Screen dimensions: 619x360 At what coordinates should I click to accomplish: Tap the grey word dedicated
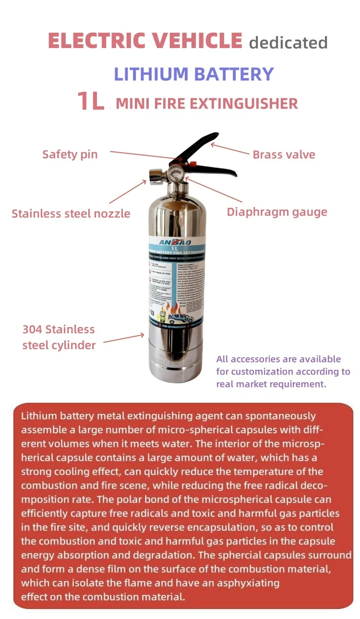(x=288, y=43)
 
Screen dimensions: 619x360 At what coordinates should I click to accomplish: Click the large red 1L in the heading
(x=91, y=101)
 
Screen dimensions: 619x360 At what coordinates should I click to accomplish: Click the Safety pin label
(x=70, y=154)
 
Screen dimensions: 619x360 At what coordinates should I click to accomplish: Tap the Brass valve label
(x=284, y=155)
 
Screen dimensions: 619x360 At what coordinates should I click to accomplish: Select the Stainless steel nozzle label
(x=71, y=214)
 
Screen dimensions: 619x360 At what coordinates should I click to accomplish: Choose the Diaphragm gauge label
(x=277, y=212)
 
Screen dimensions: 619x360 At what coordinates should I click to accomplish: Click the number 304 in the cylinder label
(x=32, y=329)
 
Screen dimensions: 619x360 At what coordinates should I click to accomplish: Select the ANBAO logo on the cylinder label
(x=178, y=242)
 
